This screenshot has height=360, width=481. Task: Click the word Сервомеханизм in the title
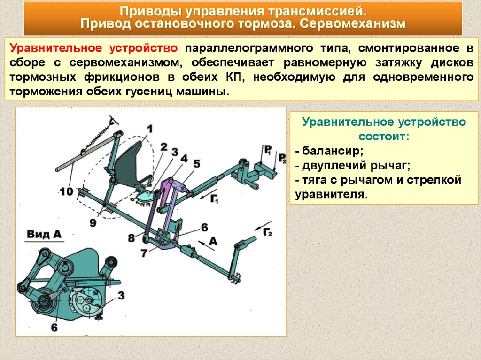pos(351,23)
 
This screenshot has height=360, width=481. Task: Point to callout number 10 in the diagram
pos(67,191)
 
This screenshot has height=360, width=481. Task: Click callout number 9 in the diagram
pos(93,223)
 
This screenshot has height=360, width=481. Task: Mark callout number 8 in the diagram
pos(131,237)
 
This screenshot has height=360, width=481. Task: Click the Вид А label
pos(45,235)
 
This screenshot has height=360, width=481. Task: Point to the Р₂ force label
pos(282,157)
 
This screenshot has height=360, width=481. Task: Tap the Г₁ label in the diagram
pos(215,198)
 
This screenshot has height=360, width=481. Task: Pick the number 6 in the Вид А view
pos(54,327)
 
